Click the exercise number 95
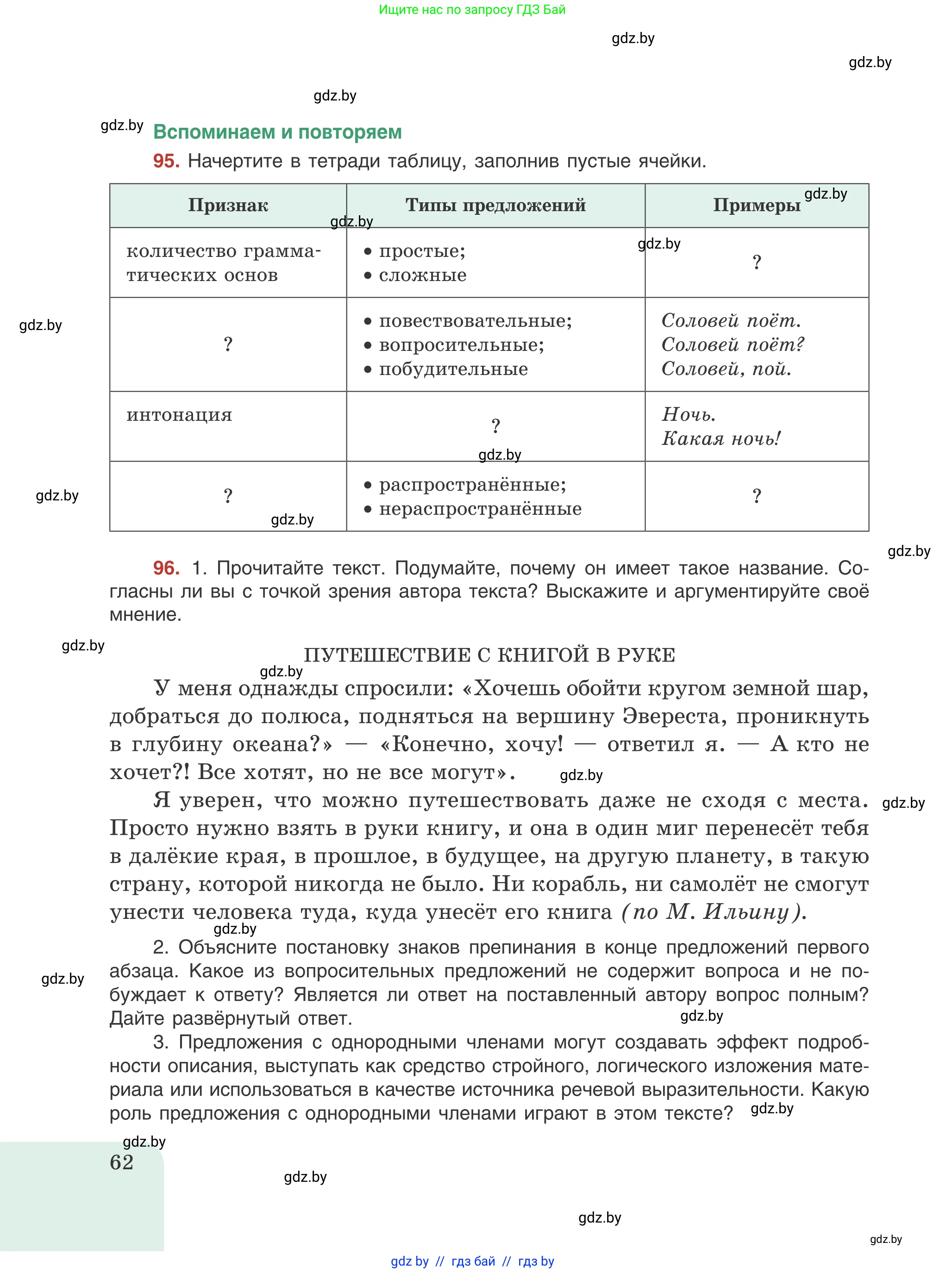166,161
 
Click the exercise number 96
166,568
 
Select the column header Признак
228,206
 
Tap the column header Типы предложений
495,206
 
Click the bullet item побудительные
453,369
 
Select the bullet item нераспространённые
480,509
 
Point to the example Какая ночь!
721,439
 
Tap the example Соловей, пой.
726,369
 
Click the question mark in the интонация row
495,426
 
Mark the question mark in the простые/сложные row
757,263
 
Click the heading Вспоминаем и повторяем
277,132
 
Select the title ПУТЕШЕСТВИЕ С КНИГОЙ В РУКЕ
489,655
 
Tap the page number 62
121,1162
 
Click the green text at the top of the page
472,10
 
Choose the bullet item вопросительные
461,345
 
